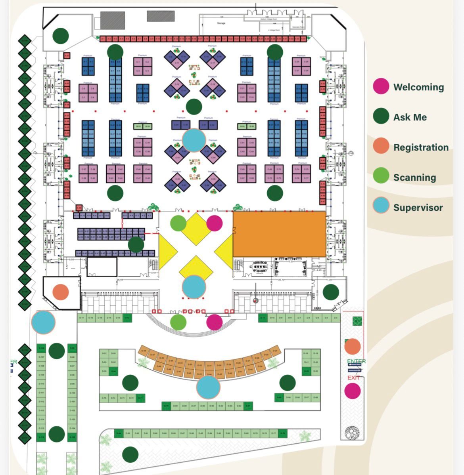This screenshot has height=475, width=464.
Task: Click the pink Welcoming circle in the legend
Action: tap(381, 86)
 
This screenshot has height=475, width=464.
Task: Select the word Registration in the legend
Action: tap(421, 147)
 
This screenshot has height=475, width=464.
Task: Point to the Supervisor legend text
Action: tap(418, 208)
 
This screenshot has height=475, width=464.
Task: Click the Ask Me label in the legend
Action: tap(410, 117)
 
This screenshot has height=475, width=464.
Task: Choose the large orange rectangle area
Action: tap(280, 234)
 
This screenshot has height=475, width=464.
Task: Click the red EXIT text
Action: tap(353, 378)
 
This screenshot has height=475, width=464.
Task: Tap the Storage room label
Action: tap(221, 23)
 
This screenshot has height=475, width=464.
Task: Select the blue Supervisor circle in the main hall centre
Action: tap(194, 140)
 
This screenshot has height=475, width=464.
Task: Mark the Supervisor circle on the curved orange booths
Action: tap(208, 387)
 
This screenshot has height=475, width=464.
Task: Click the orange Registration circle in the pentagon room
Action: tap(61, 292)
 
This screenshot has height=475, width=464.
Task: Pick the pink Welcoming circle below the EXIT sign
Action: tap(353, 391)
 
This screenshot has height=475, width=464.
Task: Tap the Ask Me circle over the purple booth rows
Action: tap(136, 244)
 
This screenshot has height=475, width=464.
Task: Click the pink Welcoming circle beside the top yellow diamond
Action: tap(215, 223)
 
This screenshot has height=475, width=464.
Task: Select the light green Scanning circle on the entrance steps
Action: tap(178, 322)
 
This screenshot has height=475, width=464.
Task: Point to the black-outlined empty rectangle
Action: tap(102, 267)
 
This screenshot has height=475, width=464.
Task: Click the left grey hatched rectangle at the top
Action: tap(113, 20)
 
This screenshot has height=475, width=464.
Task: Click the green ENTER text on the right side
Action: tap(356, 361)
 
